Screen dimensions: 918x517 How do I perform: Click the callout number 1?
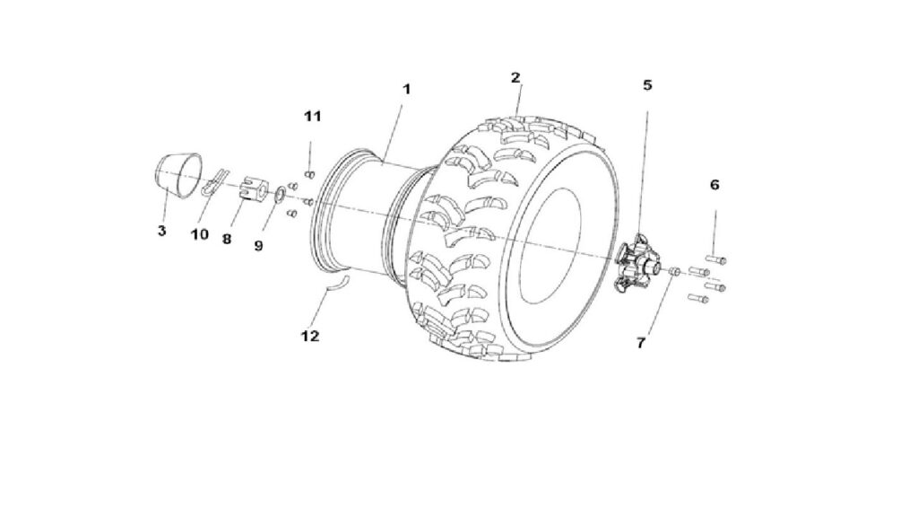(406, 89)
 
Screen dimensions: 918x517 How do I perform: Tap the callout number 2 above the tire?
(515, 77)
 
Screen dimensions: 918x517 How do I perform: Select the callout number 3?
(162, 231)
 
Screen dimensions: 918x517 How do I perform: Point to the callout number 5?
(647, 85)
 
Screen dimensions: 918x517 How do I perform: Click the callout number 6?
(714, 185)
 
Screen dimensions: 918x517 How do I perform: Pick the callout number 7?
(641, 343)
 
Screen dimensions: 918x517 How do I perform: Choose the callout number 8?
(227, 239)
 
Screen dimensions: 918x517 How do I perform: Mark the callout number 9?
(258, 246)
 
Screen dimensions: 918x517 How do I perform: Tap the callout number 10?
(200, 234)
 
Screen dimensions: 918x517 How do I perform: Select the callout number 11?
(313, 116)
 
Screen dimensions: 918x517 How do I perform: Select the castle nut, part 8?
(253, 188)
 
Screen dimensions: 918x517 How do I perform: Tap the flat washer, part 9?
(281, 194)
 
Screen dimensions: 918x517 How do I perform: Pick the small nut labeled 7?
(674, 272)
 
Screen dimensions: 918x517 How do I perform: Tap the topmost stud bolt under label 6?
(716, 259)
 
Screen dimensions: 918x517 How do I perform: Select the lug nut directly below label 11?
(310, 174)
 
